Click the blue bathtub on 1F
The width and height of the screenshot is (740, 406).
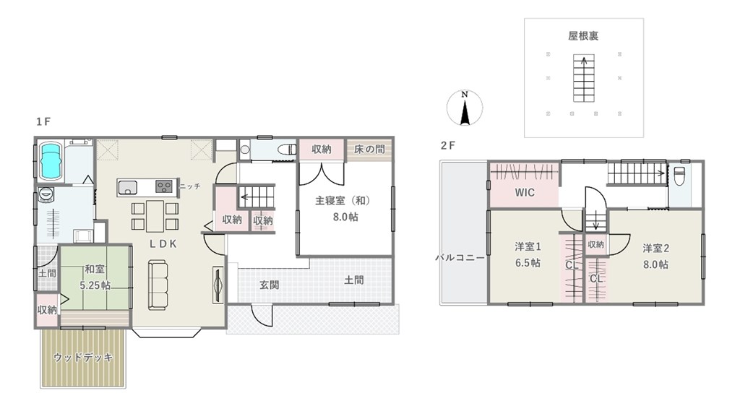coord(51,161)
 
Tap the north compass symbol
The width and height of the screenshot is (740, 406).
coord(465,108)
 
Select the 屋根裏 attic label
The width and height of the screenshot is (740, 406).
coord(583,36)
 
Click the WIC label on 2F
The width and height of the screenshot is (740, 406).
coord(525,192)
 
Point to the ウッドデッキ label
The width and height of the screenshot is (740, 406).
coord(83,358)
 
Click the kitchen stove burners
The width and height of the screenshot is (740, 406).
coord(164,186)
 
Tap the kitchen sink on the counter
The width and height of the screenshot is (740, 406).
coord(127,187)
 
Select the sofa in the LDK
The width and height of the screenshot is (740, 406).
coord(158,285)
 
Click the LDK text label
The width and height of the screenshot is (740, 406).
coord(163,243)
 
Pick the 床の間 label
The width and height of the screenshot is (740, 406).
coord(369,150)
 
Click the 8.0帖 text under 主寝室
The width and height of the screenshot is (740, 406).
coord(345,217)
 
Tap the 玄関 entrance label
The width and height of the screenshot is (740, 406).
coord(269,285)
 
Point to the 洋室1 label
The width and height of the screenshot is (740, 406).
coord(528,246)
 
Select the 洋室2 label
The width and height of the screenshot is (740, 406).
coord(656,248)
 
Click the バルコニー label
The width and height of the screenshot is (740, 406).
coord(460,258)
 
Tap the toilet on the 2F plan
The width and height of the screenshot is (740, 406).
coord(679,177)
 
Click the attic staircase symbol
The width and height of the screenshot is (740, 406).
coord(584,78)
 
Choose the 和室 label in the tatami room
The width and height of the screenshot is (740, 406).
coord(95,269)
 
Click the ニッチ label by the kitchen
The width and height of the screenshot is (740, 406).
coord(190,186)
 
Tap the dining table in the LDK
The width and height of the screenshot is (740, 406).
coord(155,216)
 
